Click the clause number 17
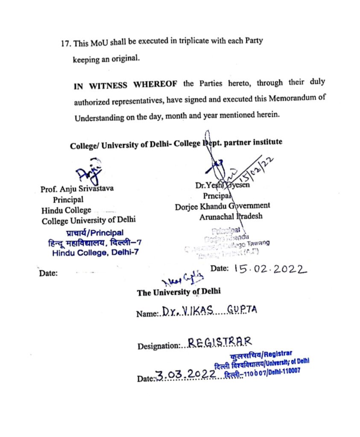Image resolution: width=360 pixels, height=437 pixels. tap(66, 44)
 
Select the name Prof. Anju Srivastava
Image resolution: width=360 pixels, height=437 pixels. tap(77, 189)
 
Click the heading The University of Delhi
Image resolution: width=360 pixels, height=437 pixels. tap(179, 292)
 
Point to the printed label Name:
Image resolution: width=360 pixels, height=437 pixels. tap(146, 315)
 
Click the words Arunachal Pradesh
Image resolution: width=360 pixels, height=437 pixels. tap(231, 216)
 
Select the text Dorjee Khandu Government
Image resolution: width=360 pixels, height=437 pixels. tap(222, 206)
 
